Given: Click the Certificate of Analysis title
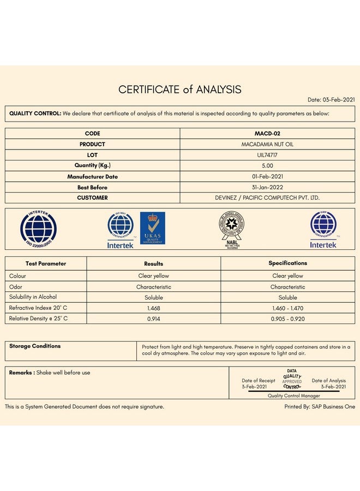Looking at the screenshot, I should pos(180,89).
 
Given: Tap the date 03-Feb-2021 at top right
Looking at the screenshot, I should pos(331,100).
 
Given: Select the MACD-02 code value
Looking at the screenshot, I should pos(267,134).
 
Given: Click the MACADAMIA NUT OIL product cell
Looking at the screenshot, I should pos(267,145).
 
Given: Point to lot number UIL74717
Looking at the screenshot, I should pos(267,155).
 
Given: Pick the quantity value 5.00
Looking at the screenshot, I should pos(267,166).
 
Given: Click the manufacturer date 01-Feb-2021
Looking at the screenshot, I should pos(267,177).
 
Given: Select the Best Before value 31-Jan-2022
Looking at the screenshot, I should pos(267,187).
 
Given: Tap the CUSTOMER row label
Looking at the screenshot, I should pos(92,198).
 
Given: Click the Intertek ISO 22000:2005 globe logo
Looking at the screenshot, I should pos(39,228).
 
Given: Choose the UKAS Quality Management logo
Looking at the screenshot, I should pos(152,229).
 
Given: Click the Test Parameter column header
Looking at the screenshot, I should pos(46,264).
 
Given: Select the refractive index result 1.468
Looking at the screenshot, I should pos(153,308).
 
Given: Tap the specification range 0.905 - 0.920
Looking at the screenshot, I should pos(287,319).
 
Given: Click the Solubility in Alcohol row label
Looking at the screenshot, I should pos(33,297).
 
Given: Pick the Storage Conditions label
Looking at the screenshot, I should pos(35,346).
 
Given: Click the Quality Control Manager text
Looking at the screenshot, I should pos(293,396).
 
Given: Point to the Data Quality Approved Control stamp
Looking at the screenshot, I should pos(292,379).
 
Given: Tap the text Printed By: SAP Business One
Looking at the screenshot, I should pos(320,406).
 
